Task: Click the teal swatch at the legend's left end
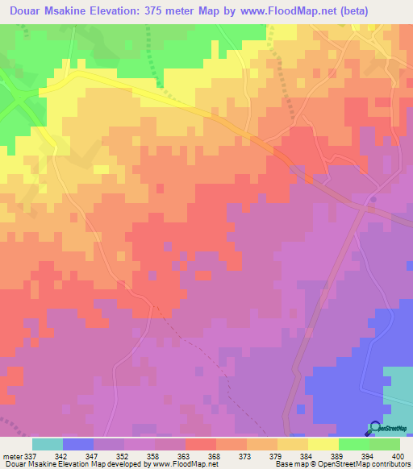tap(47, 444)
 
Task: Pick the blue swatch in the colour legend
tap(77, 444)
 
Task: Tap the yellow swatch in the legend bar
tap(323, 444)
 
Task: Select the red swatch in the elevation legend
tap(200, 444)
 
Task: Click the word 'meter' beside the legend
tap(12, 456)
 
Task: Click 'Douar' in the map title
tap(20, 9)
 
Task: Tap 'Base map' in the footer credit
tap(290, 464)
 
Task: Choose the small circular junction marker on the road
tap(373, 198)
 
